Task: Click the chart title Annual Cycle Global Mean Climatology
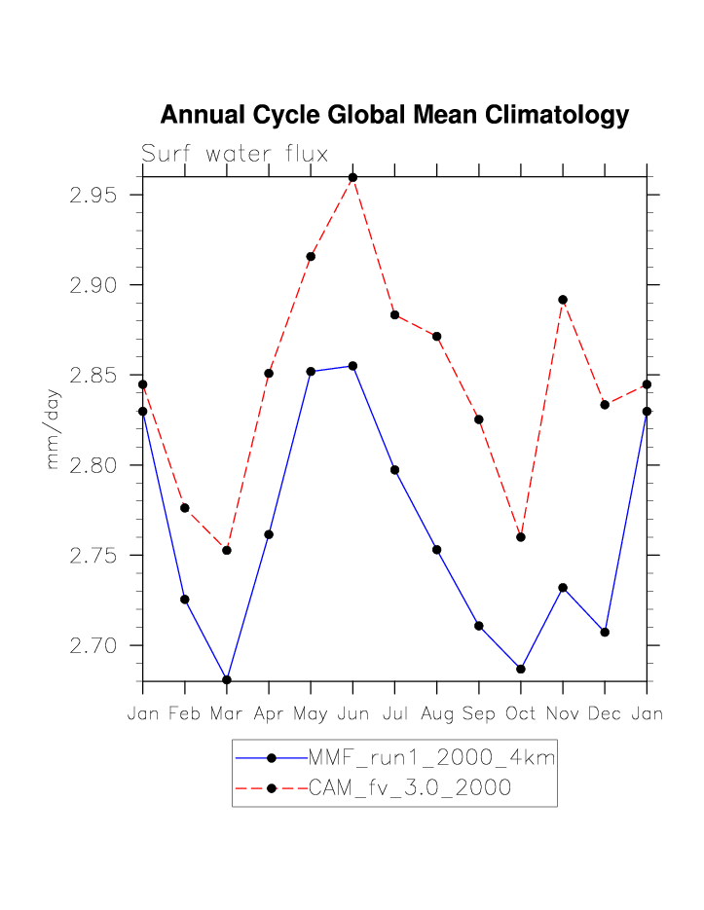[x=394, y=115]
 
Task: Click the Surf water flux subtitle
[x=235, y=154]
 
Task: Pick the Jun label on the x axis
[x=352, y=713]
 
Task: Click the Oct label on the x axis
[x=521, y=713]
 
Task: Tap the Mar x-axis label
[x=227, y=713]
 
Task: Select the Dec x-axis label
[x=605, y=713]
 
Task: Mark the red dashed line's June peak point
[x=352, y=177]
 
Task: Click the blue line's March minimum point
[x=227, y=679]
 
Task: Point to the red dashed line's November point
[x=563, y=300]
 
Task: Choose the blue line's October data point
[x=521, y=669]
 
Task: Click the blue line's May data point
[x=311, y=371]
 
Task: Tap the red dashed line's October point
[x=521, y=537]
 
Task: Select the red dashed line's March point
[x=227, y=550]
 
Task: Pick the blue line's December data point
[x=605, y=632]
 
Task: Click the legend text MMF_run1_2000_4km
[x=431, y=757]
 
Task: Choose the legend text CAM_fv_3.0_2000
[x=410, y=788]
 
